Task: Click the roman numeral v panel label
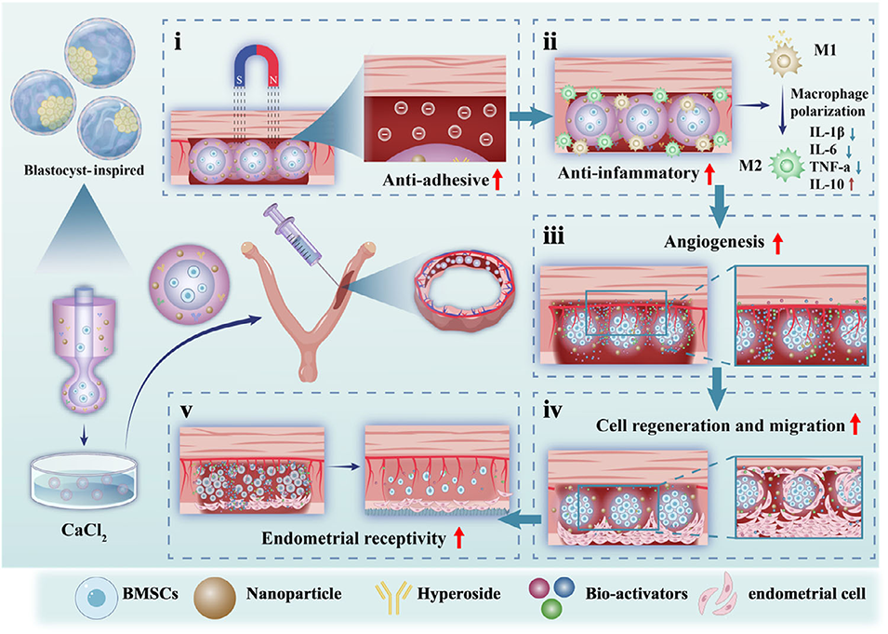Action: tap(187, 410)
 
